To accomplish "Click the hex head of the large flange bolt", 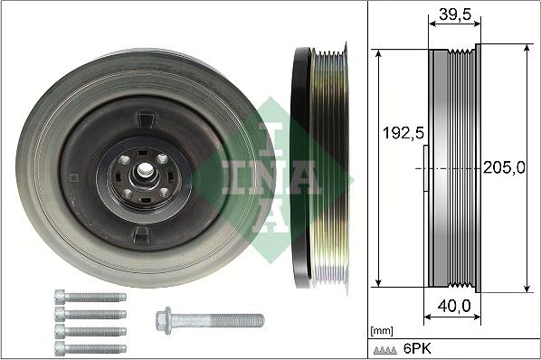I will [x=166, y=319].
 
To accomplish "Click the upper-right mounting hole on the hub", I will [x=162, y=159].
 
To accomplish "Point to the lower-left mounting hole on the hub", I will [x=128, y=193].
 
